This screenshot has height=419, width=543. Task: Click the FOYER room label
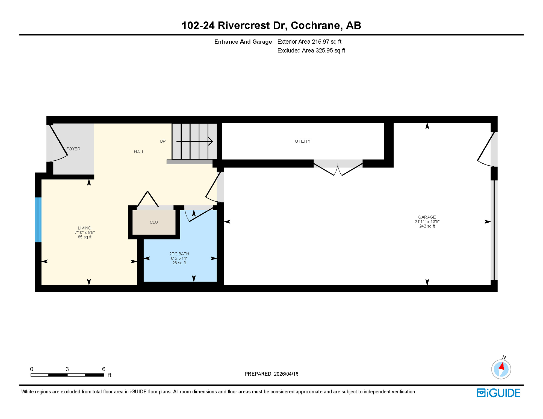(73, 149)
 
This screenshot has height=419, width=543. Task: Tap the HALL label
(139, 152)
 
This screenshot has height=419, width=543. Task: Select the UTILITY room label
(303, 141)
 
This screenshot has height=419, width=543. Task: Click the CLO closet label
(154, 222)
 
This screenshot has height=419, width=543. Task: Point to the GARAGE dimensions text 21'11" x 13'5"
(427, 222)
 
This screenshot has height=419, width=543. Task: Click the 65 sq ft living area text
(85, 237)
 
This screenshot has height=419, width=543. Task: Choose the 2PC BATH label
(179, 254)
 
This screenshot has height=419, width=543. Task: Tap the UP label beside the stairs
(163, 141)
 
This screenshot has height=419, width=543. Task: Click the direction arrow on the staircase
(194, 141)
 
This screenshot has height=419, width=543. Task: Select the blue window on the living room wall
(38, 220)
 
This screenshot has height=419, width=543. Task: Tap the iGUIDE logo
(498, 393)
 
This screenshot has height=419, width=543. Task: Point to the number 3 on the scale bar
(67, 369)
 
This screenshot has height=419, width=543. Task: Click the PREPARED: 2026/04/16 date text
(271, 374)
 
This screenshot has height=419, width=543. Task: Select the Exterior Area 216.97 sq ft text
(309, 42)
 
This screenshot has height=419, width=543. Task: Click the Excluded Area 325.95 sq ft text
(311, 51)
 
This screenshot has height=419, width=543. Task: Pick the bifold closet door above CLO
(148, 199)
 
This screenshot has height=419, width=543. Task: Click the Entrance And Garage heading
(243, 42)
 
